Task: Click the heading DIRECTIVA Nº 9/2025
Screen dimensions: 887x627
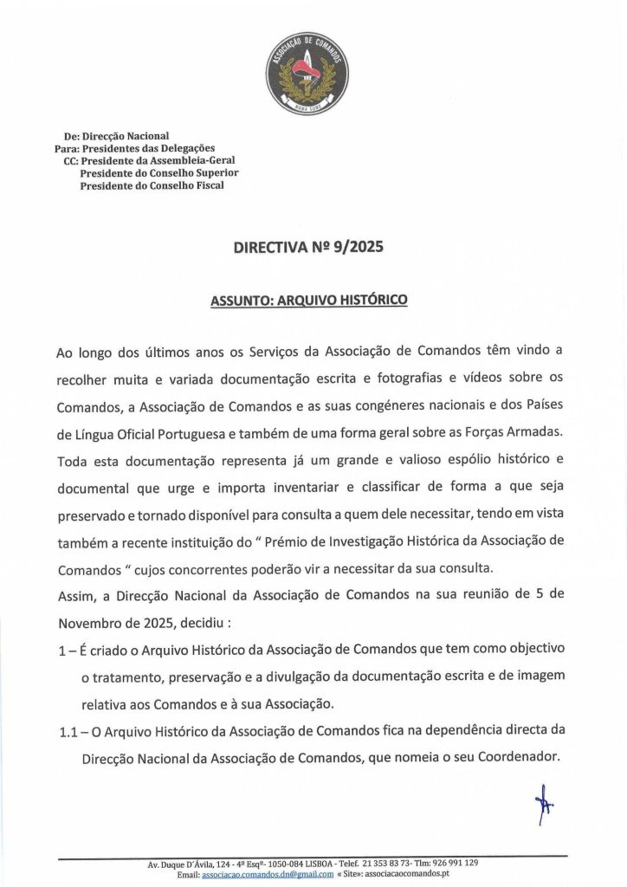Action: point(308,247)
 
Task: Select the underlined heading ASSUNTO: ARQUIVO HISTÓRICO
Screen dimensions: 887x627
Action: point(308,301)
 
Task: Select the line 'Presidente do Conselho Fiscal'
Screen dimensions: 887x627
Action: point(151,185)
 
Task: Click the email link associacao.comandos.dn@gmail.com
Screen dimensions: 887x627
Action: point(267,874)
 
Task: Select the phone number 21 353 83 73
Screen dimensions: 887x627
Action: point(390,864)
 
